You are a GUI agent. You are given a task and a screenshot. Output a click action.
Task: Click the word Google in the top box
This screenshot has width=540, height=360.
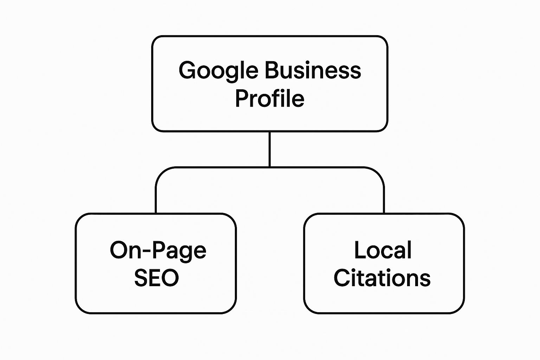tap(218, 71)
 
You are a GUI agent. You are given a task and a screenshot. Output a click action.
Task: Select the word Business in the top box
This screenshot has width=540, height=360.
tap(313, 70)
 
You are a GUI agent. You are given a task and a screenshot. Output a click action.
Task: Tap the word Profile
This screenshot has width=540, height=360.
tap(270, 98)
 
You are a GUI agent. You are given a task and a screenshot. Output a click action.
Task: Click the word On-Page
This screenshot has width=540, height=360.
tap(158, 251)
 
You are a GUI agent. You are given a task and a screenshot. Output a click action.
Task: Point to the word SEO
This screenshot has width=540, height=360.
tap(156, 278)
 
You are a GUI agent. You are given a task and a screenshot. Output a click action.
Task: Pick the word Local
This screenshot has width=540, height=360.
tap(383, 250)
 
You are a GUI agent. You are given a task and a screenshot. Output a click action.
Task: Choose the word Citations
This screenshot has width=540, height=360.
tap(382, 278)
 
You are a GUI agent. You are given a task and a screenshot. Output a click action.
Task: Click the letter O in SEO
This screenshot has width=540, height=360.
tap(170, 278)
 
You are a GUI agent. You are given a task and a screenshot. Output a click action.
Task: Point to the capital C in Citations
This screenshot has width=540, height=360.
tap(342, 278)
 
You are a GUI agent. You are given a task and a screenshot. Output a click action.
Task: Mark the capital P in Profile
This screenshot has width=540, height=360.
tap(242, 98)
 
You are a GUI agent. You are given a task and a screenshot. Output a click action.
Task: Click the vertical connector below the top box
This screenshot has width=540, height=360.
tap(270, 149)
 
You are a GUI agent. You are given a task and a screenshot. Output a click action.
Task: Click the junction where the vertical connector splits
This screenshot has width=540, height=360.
tap(270, 167)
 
